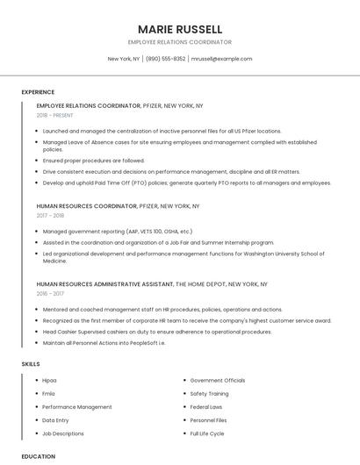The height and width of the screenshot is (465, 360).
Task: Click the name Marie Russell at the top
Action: (x=180, y=29)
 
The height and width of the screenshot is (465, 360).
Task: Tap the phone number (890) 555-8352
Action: (x=165, y=59)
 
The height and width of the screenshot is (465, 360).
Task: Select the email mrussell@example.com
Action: (x=221, y=59)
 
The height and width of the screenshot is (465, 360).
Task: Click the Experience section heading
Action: (x=38, y=92)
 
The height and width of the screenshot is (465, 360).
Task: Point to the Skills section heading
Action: (x=30, y=363)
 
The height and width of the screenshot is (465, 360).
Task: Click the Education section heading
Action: (x=39, y=456)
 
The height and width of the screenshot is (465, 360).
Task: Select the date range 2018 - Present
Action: (x=56, y=115)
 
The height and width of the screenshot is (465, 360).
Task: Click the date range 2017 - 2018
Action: (x=50, y=215)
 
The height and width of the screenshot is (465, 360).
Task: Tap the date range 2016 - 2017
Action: (x=50, y=294)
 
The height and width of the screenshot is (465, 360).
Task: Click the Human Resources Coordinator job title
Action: (x=87, y=205)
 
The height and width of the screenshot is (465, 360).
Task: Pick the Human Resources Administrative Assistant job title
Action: (x=104, y=284)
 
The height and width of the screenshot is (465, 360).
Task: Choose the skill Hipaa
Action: (x=49, y=381)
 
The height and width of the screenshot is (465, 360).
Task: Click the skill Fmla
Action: (x=48, y=394)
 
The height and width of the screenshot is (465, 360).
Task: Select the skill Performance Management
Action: (x=77, y=407)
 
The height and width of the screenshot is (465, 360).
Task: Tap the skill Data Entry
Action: (x=55, y=420)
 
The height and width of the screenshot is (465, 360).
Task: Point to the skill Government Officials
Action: (x=218, y=381)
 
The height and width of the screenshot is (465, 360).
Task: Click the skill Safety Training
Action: (x=210, y=394)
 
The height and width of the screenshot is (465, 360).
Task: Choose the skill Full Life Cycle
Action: (x=207, y=433)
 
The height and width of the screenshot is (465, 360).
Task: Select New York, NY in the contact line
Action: (x=124, y=59)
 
